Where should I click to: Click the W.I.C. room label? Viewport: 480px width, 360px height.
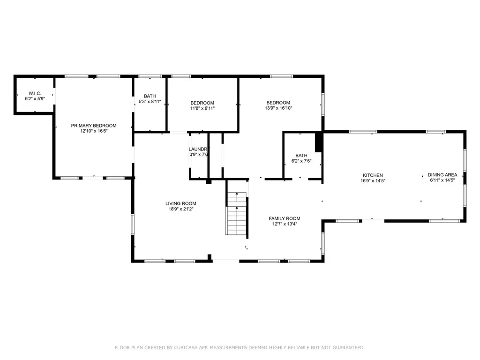click(35, 93)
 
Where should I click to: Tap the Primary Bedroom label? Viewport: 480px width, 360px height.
click(94, 126)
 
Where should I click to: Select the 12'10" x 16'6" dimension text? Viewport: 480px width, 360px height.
click(94, 132)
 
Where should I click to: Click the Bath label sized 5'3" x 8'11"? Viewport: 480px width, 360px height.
click(150, 96)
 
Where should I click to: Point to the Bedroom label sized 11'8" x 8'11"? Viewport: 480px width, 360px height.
click(202, 103)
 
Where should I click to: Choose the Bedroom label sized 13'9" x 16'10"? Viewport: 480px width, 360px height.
click(278, 103)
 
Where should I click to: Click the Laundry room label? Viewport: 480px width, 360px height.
click(196, 149)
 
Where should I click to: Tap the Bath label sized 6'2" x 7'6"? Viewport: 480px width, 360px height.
click(301, 156)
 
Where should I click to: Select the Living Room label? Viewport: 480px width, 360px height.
click(180, 203)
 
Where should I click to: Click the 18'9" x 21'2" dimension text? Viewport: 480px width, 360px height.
click(180, 210)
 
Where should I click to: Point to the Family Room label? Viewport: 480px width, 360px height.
click(285, 218)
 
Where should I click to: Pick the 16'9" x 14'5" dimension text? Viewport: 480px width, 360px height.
click(373, 181)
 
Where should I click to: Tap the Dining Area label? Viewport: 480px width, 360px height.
click(442, 175)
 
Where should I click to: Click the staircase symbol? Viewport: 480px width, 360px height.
click(237, 214)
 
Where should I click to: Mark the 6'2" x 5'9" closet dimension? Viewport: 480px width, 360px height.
click(35, 99)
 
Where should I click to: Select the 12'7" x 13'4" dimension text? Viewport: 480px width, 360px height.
click(285, 224)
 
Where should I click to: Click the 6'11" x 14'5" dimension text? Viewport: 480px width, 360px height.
click(442, 180)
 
